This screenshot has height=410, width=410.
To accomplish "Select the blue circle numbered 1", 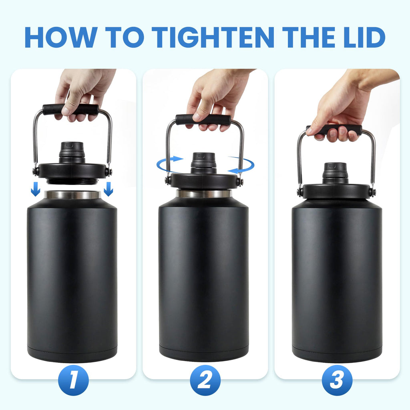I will click(x=73, y=380).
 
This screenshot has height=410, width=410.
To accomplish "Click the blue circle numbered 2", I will click(x=205, y=380).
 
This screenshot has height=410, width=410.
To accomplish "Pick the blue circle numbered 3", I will click(x=337, y=380).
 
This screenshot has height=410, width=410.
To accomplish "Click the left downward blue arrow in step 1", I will click(x=36, y=189).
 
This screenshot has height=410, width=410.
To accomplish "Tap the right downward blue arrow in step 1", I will click(x=109, y=189).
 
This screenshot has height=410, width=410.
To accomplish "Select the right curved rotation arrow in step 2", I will click(x=242, y=165).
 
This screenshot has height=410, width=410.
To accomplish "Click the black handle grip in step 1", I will click(x=70, y=109).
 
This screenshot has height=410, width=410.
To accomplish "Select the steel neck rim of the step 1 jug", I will click(x=72, y=195).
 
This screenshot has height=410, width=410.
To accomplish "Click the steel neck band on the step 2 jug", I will click(x=204, y=193).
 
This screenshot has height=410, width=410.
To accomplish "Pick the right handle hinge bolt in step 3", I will click(x=373, y=192).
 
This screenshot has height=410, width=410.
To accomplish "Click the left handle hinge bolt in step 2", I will click(x=168, y=181).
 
